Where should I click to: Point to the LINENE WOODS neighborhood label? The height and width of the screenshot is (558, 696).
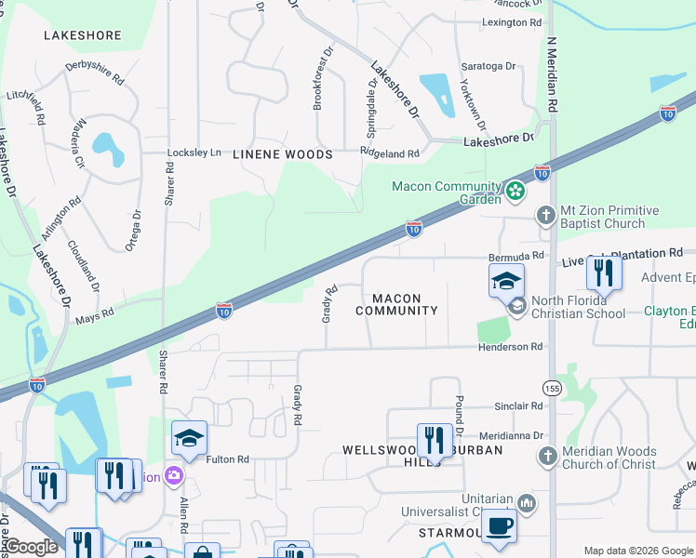(x=282, y=154)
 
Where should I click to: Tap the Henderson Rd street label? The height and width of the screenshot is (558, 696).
(x=510, y=347)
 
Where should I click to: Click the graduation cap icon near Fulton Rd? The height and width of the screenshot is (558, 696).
(x=189, y=438)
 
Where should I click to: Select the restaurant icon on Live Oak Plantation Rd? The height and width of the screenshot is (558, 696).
(x=604, y=272)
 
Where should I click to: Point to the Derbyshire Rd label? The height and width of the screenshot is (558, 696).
(x=95, y=73)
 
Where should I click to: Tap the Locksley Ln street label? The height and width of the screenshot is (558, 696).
(x=194, y=153)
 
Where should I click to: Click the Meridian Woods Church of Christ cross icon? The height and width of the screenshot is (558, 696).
(x=548, y=457)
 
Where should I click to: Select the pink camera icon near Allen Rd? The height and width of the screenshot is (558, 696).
(x=173, y=477)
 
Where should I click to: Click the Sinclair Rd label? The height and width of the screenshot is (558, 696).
(x=518, y=406)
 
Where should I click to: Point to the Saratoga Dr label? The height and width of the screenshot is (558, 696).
(x=489, y=66)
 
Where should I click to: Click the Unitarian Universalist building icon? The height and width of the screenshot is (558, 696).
(x=526, y=503)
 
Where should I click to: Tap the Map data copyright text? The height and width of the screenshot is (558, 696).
(x=636, y=550)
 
